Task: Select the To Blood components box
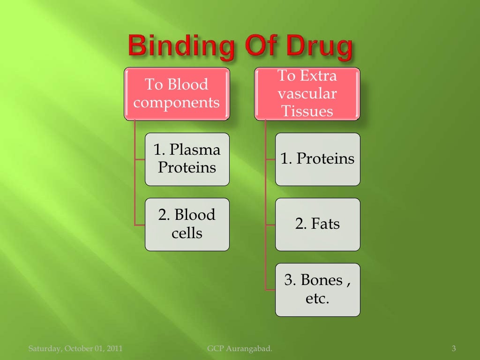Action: coord(177,94)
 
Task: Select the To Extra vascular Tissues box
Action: coord(307,93)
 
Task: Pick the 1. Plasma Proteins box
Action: coord(187,159)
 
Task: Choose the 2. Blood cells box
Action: coord(187,224)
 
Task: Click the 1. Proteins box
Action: coord(317,159)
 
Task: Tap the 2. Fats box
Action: coord(317,224)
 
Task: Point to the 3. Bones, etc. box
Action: coord(317,289)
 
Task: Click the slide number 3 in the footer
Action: coord(453,348)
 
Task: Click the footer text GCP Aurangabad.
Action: coord(239,348)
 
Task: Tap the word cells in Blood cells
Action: coord(187,233)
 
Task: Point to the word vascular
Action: coord(307,93)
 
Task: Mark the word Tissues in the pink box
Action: coord(307,111)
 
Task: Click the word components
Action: coord(177,103)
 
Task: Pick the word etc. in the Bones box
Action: coord(317,299)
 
